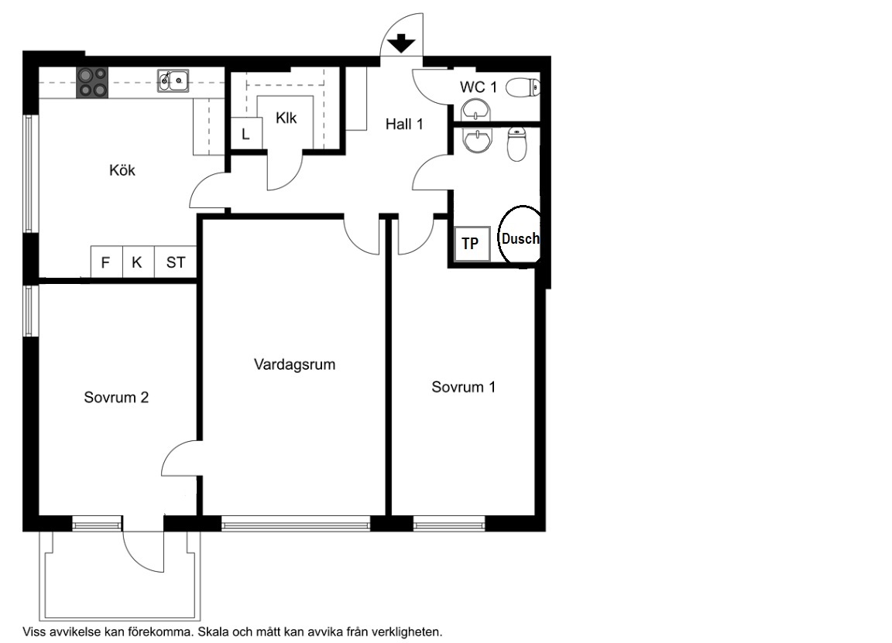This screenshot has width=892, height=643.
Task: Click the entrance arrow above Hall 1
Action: click(x=402, y=43)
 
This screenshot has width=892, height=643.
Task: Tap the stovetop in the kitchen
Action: click(x=92, y=83)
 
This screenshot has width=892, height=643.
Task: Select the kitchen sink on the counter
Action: click(x=173, y=80)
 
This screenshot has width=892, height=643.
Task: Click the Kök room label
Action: click(x=122, y=170)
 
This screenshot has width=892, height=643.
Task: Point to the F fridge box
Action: click(x=106, y=262)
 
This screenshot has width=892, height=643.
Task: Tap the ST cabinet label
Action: click(x=176, y=262)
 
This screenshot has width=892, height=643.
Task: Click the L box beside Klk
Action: click(x=245, y=134)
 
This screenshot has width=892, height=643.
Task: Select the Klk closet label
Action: click(x=286, y=118)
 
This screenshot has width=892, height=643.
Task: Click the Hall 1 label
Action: click(x=404, y=124)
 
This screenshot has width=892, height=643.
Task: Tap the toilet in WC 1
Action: click(x=523, y=88)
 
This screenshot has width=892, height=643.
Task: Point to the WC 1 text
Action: click(x=479, y=87)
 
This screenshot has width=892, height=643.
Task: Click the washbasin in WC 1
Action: click(x=475, y=110)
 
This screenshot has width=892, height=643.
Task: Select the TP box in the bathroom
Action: click(x=472, y=244)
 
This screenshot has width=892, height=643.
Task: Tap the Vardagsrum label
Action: click(x=295, y=364)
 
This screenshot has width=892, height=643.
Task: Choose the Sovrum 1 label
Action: click(x=464, y=387)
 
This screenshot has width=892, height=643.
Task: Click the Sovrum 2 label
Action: click(x=117, y=398)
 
